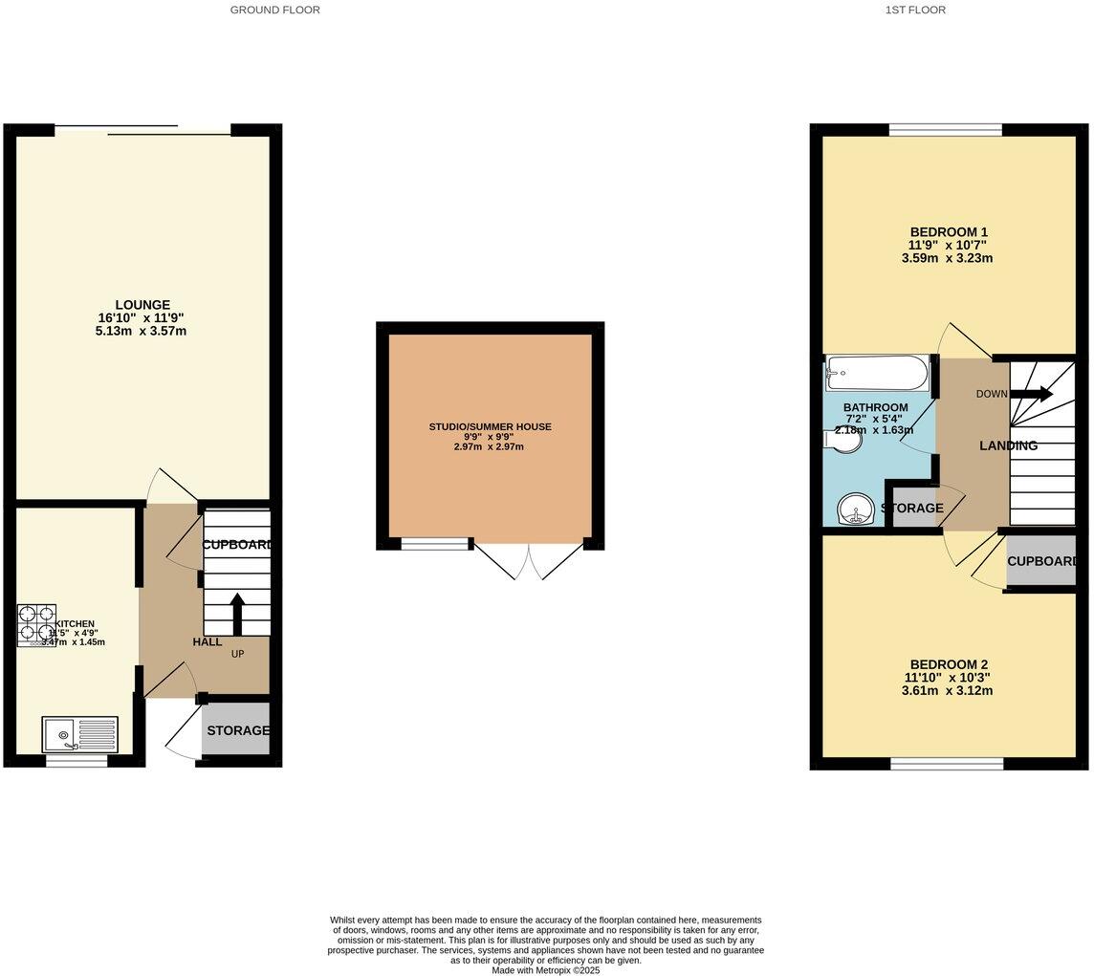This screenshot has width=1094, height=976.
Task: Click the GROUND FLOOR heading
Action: [274, 10]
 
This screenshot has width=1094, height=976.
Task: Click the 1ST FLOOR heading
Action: [915, 10]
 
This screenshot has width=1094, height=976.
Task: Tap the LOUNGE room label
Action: [143, 305]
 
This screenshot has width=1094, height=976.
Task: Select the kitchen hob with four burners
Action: [35, 625]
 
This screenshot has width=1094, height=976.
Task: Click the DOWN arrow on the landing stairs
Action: [1031, 394]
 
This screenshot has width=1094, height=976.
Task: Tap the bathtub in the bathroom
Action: [877, 374]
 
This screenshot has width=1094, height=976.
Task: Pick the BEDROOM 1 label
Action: [948, 231]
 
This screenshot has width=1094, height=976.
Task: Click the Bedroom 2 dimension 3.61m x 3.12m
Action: [947, 690]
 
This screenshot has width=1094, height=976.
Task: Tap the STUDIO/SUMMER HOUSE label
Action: [490, 426]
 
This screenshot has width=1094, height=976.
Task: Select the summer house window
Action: [435, 544]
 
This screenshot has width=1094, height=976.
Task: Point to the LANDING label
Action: [1008, 445]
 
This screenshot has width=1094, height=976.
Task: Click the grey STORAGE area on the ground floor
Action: [237, 730]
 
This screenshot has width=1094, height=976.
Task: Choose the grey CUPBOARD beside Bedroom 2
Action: [1041, 561]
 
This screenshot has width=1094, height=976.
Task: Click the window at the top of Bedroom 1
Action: [945, 130]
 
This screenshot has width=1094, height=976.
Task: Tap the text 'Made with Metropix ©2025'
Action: [545, 969]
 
